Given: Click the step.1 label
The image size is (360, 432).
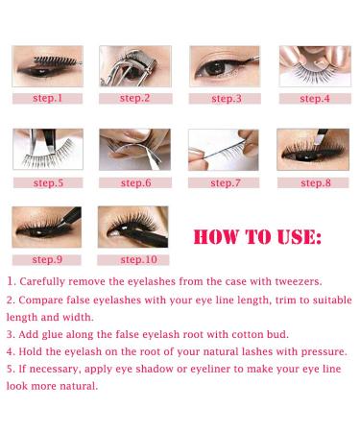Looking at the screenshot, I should pos(46,98).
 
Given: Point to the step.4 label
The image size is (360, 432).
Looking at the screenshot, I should pos(313,98).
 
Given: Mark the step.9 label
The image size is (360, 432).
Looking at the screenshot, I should pos(46,259).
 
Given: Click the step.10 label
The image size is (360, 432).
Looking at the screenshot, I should pos(134,259).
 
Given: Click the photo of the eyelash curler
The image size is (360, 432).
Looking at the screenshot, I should pos(134,64).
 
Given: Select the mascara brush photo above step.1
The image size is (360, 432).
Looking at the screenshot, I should pos(46,64).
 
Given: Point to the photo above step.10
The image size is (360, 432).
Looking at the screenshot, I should pos(132,227).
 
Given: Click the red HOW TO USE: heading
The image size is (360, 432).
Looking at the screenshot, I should pos(258,236).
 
